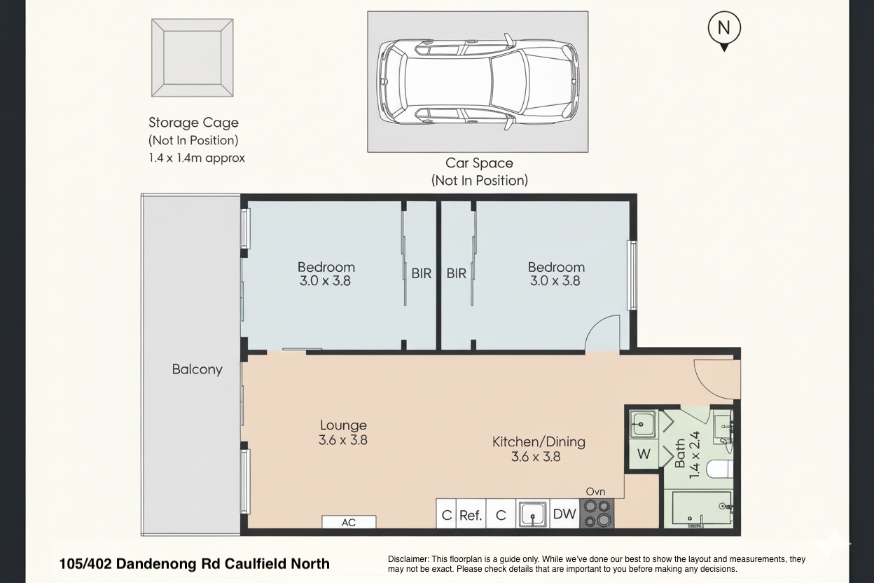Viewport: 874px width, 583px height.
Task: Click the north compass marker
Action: [x=724, y=29]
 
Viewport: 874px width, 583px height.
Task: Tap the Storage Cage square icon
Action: [x=192, y=57]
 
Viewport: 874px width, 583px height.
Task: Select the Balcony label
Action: [x=197, y=369]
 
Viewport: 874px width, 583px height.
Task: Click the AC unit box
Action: [x=349, y=522]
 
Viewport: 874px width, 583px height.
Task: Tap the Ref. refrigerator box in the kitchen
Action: [x=471, y=515]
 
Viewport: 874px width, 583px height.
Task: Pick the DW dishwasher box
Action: [x=564, y=514]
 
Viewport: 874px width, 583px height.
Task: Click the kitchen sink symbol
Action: [x=533, y=514]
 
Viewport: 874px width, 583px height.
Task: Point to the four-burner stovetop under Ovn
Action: [x=597, y=513]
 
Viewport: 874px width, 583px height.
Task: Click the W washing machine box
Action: [x=644, y=454]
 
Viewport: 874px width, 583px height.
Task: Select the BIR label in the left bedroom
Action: [x=421, y=274]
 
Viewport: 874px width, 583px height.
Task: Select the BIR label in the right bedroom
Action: [x=457, y=274]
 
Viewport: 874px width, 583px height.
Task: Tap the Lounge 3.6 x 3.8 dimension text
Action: [x=343, y=440]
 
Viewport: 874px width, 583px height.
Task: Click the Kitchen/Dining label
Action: [x=539, y=442]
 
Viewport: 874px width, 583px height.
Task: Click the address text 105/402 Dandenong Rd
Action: [x=194, y=563]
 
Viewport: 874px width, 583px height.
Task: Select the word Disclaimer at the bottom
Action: [x=409, y=559]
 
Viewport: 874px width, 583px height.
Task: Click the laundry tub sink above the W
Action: [x=642, y=423]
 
